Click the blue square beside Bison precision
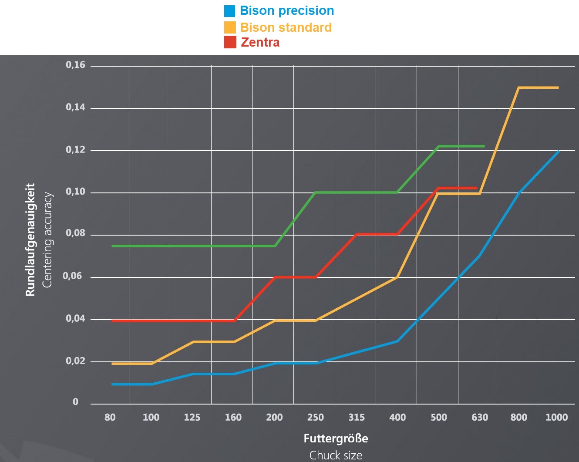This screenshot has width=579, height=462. click(229, 11)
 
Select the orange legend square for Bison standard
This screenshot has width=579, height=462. click(230, 27)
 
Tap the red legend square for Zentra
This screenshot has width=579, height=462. click(230, 42)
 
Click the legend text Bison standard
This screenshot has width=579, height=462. click(286, 27)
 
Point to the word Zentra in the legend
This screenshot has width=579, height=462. click(260, 43)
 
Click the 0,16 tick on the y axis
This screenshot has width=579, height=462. click(75, 65)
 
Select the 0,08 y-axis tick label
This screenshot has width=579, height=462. click(75, 233)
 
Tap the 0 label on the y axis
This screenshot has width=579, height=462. click(75, 402)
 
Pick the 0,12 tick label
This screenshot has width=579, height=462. click(75, 150)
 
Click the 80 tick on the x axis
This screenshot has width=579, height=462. click(110, 417)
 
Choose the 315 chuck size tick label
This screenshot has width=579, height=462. click(357, 417)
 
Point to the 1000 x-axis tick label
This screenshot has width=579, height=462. click(557, 417)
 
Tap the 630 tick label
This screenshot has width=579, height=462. click(480, 417)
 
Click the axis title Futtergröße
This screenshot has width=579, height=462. click(336, 438)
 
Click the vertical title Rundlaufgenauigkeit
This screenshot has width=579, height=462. click(30, 240)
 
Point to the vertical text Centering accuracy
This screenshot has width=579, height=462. click(47, 240)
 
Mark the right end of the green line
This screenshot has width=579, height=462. click(484, 146)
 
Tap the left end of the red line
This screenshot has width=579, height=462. click(112, 321)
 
